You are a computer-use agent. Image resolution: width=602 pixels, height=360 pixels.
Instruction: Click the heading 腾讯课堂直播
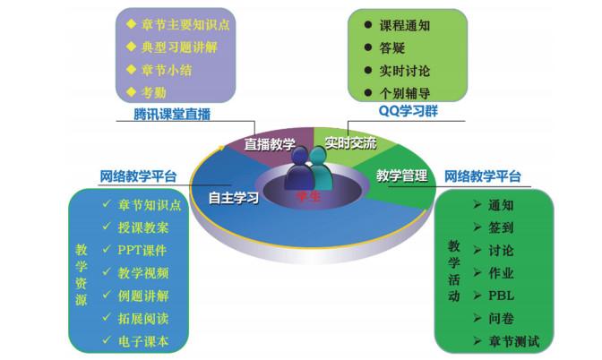pyautogui.click(x=172, y=115)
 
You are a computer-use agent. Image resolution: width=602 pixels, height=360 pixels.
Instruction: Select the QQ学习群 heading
pyautogui.click(x=408, y=111)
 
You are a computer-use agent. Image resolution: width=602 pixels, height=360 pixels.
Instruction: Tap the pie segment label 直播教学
pyautogui.click(x=270, y=144)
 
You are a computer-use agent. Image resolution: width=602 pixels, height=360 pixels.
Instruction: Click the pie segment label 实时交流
pyautogui.click(x=350, y=143)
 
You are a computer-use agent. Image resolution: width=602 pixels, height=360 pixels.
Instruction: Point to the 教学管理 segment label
pyautogui.click(x=401, y=176)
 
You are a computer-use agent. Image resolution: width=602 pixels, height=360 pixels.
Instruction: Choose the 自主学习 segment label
pyautogui.click(x=234, y=198)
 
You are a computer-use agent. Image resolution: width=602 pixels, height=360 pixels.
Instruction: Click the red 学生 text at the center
pyautogui.click(x=308, y=196)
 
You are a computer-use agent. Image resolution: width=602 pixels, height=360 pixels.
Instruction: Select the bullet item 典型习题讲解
pyautogui.click(x=179, y=47)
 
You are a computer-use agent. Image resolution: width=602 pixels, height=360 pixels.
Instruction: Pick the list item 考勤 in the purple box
pyautogui.click(x=153, y=92)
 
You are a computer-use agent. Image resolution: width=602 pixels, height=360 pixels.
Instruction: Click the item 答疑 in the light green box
pyautogui.click(x=392, y=48)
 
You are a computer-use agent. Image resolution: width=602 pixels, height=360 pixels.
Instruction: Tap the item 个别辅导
pyautogui.click(x=405, y=93)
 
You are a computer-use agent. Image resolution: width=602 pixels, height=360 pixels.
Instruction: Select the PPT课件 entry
pyautogui.click(x=142, y=250)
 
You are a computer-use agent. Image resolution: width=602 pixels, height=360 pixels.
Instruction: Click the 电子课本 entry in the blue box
pyautogui.click(x=143, y=341)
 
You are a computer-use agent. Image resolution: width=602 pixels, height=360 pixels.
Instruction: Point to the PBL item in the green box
pyautogui.click(x=501, y=296)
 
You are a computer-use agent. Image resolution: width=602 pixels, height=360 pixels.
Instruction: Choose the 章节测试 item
pyautogui.click(x=513, y=341)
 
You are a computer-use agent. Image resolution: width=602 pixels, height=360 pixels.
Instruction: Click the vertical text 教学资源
pyautogui.click(x=81, y=275)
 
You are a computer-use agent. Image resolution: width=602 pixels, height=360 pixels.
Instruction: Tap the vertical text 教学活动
pyautogui.click(x=454, y=271)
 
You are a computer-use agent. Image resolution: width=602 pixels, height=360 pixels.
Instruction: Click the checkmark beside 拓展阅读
pyautogui.click(x=107, y=317)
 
